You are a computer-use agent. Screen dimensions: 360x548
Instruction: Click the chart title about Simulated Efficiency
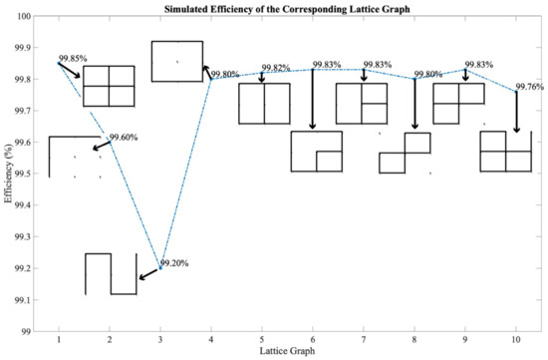tap(289, 8)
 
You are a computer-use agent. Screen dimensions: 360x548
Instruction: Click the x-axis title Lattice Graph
tap(288, 352)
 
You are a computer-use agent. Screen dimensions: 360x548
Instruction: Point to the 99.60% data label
tap(124, 138)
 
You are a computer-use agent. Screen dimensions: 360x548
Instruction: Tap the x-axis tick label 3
tap(160, 340)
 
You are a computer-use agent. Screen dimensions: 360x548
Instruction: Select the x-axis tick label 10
tap(516, 340)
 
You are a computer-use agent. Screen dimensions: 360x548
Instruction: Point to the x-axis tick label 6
tap(313, 340)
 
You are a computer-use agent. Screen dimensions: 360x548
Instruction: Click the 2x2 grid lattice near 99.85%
tap(109, 86)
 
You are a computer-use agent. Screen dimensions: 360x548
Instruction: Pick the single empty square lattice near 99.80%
tap(176, 61)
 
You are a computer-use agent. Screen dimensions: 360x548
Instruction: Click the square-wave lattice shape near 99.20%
tap(110, 274)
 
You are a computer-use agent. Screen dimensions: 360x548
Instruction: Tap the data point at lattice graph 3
tap(160, 267)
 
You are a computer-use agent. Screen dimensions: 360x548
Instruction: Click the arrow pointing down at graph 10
tap(516, 112)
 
